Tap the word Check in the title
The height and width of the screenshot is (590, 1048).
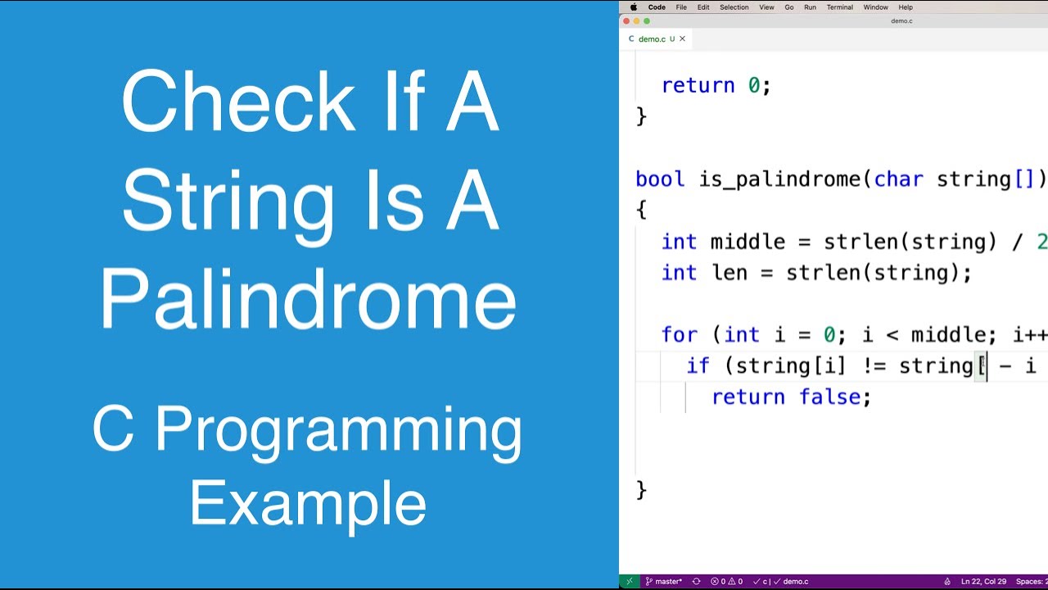(238, 103)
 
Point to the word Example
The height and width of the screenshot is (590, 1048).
(308, 503)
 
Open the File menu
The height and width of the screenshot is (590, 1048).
(681, 7)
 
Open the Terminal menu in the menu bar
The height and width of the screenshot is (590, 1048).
(839, 7)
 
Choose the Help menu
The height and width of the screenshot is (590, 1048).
(906, 7)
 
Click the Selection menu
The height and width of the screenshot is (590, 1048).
(734, 7)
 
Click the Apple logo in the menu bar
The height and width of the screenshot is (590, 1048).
(633, 7)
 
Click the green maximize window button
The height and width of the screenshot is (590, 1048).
(648, 21)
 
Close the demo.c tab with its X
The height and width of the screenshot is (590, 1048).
(682, 39)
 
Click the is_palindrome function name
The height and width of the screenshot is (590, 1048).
(780, 179)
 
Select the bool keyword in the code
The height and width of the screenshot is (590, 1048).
(659, 179)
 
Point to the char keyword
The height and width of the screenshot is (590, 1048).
(898, 179)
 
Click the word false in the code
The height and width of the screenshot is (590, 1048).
(829, 397)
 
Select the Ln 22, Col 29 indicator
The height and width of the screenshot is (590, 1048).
(983, 582)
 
